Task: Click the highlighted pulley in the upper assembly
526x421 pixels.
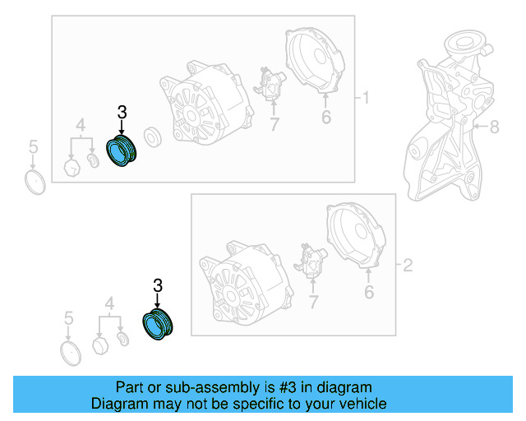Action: click(x=121, y=151)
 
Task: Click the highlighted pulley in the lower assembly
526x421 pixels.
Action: click(x=157, y=325)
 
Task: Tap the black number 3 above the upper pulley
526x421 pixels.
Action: click(x=122, y=112)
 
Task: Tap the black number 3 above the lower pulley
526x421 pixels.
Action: click(x=158, y=285)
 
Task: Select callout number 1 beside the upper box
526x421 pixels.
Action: click(x=366, y=98)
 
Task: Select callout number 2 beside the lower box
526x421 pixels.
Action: click(x=408, y=266)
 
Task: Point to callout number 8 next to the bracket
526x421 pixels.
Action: click(x=495, y=127)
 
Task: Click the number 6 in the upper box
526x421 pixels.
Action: click(x=326, y=117)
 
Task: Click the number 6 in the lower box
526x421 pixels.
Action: click(x=369, y=292)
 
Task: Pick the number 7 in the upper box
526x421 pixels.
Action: click(x=275, y=124)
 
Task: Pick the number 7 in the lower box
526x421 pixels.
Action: click(x=313, y=302)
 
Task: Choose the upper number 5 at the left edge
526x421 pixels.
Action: click(x=33, y=146)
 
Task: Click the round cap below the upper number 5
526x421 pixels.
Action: click(x=35, y=183)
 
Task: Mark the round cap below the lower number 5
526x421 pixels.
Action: click(x=71, y=354)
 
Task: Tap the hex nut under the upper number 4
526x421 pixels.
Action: click(x=72, y=168)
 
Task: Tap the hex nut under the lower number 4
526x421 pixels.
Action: click(x=100, y=345)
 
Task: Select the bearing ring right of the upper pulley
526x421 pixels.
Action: click(x=153, y=137)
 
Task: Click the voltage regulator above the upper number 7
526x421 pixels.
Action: click(x=270, y=84)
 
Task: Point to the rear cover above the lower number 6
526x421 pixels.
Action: click(x=356, y=235)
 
